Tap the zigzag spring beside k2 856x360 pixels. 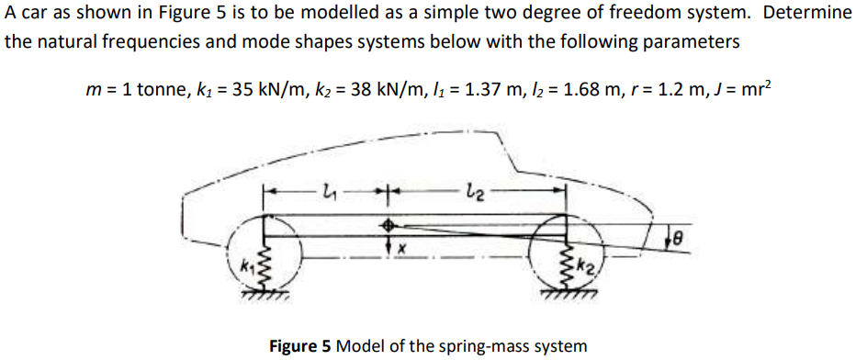569,266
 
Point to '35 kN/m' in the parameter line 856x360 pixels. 256,91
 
